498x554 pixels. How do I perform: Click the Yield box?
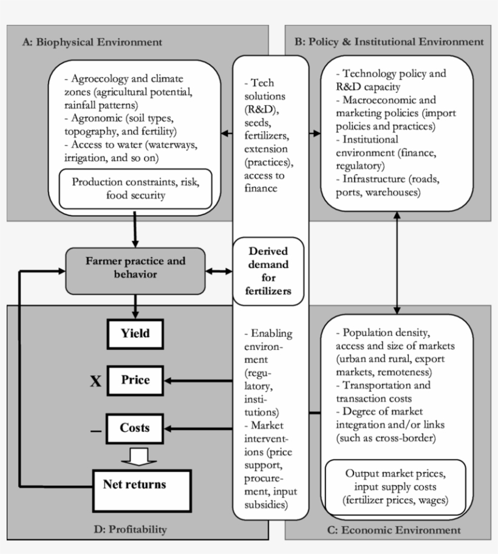pyautogui.click(x=135, y=333)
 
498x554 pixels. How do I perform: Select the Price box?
pyautogui.click(x=135, y=381)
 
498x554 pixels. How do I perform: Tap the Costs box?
pyautogui.click(x=135, y=428)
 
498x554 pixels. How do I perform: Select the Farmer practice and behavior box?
pyautogui.click(x=135, y=268)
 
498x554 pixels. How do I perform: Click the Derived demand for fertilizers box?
pyautogui.click(x=268, y=271)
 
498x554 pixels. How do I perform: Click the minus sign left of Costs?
pyautogui.click(x=95, y=431)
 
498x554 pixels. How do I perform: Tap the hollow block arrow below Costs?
pyautogui.click(x=135, y=456)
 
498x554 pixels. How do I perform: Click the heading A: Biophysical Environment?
pyautogui.click(x=92, y=42)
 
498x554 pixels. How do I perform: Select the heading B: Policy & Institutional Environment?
pyautogui.click(x=389, y=42)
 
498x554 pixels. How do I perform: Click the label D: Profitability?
pyautogui.click(x=130, y=529)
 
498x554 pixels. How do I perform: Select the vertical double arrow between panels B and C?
pyautogui.click(x=397, y=261)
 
